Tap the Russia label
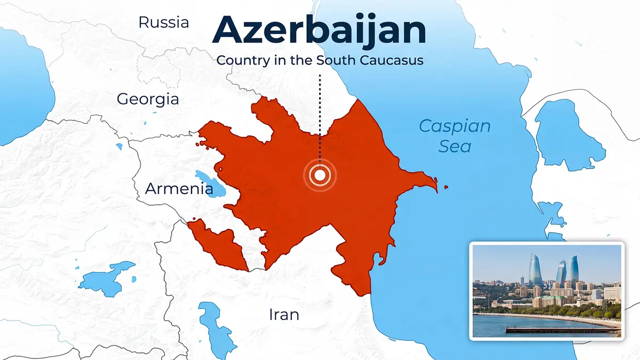click(x=163, y=22)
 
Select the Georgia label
click(x=148, y=99)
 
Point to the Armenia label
click(x=179, y=188)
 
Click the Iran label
click(x=284, y=315)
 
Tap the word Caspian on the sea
click(x=454, y=126)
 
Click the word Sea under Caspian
click(x=454, y=146)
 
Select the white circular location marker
click(x=320, y=175)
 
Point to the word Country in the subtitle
click(x=242, y=60)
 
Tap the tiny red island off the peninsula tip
click(x=446, y=187)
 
